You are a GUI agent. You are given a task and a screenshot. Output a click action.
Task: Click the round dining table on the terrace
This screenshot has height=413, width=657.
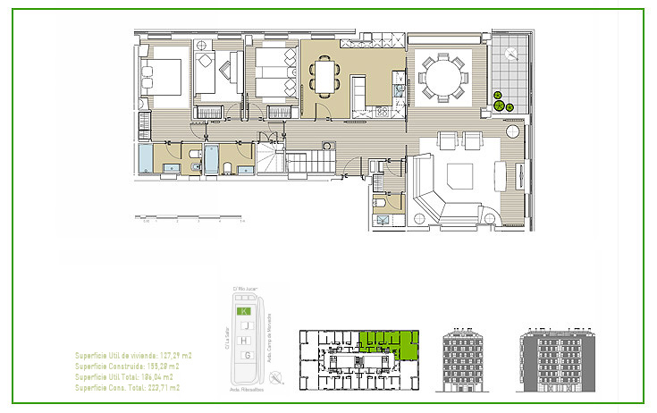442,76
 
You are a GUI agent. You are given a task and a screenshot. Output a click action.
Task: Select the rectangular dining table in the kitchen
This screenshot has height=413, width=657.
325,74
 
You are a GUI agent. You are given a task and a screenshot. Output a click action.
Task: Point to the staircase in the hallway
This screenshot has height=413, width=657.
309,163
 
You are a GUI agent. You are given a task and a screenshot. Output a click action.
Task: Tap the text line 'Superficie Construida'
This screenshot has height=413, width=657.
127,367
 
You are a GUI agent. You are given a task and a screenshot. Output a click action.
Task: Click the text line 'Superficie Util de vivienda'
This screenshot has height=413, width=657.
134,356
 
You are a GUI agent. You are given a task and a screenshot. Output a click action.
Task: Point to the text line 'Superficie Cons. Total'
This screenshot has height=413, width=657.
127,388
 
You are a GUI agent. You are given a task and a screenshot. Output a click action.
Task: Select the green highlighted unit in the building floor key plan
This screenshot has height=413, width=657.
391,343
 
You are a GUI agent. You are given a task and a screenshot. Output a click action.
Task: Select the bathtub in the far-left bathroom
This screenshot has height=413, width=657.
145,162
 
